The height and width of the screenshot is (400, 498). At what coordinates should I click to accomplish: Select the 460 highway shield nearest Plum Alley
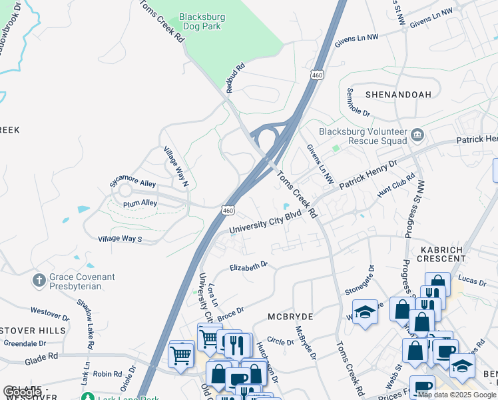pos(228,209)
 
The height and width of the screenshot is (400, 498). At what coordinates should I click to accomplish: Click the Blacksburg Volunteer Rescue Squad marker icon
pos(417,135)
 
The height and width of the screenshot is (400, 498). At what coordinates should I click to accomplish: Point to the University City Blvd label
pos(264,223)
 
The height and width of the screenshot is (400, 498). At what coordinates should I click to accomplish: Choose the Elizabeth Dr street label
pos(248,265)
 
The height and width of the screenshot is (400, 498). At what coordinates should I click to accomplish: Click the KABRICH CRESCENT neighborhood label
pos(441,253)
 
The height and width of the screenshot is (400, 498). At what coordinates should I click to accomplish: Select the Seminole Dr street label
pos(358,102)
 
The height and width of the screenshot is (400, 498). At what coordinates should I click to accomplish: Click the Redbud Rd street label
pos(236,79)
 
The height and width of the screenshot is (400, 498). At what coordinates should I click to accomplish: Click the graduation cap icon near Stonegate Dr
pos(365,312)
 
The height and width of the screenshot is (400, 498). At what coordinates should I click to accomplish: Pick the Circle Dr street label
pos(280,341)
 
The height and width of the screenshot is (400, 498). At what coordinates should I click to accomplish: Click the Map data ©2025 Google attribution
pos(457,395)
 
